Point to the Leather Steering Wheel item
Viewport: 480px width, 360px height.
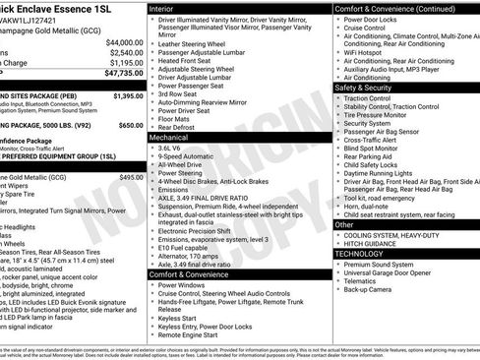point(196,43)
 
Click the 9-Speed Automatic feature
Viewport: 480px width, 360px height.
point(191,155)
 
